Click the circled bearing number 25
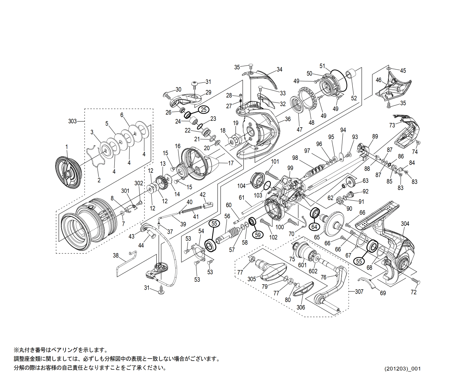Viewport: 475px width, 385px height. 203,110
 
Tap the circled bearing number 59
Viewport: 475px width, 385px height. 257,234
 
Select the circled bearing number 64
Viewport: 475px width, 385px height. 314,227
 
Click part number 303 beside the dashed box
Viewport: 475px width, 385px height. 72,121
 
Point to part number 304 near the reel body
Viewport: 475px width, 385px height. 405,224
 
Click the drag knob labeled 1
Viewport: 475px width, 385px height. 69,172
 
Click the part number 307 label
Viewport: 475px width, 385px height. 359,291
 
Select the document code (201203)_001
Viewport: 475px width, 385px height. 403,369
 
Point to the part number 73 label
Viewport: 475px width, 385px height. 392,125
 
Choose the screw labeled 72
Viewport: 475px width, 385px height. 415,280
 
